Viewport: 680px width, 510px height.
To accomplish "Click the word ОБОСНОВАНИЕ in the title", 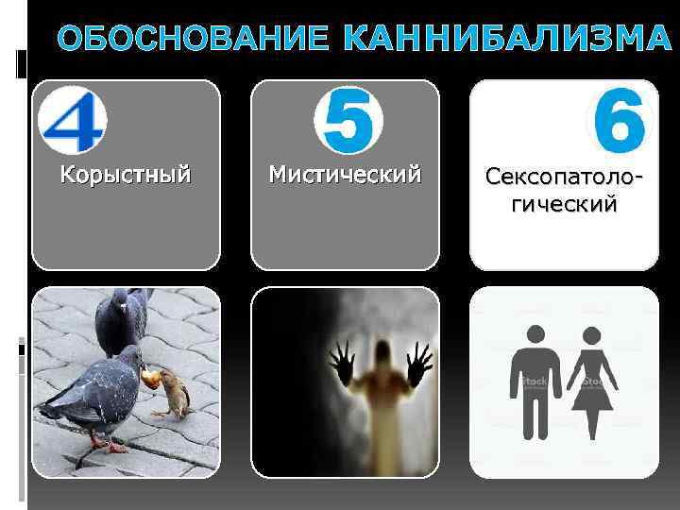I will (193, 40).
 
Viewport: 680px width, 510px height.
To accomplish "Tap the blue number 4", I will (73, 119).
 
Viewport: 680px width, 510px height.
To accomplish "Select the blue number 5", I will (347, 120).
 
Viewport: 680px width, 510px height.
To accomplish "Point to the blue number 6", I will (620, 119).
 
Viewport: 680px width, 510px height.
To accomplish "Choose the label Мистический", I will (344, 174).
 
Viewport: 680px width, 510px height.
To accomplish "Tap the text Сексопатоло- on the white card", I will (565, 176).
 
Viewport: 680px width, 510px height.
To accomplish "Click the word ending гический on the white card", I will (565, 204).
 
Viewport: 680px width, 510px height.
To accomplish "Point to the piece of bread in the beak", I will (148, 378).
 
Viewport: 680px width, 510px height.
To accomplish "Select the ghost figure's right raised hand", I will (416, 363).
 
